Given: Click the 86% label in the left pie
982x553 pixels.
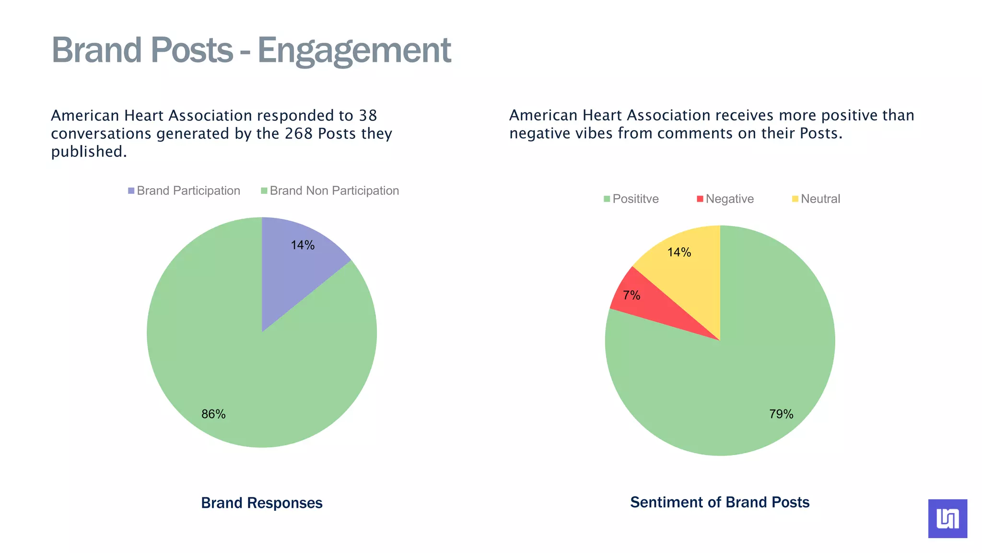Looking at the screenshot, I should [x=213, y=414].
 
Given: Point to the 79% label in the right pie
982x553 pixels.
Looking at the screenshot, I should [x=781, y=414].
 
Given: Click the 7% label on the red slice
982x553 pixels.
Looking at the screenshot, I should [x=631, y=295].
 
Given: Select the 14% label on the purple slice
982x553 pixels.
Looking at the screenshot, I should [x=303, y=245].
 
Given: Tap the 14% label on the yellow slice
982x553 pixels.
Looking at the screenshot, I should [x=679, y=252].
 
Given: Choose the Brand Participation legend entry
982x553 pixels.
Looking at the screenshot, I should [x=184, y=191].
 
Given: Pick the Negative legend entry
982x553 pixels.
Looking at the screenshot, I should [x=725, y=199].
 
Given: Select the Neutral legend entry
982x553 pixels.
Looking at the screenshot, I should [x=816, y=199].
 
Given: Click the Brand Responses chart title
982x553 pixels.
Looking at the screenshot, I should [x=261, y=503].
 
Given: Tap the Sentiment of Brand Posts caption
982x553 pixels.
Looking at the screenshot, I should [x=719, y=502].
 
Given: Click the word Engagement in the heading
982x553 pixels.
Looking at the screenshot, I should [x=354, y=50].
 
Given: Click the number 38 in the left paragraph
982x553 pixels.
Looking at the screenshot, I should [x=368, y=116].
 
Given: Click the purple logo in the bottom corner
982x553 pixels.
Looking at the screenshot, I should [x=947, y=518].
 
